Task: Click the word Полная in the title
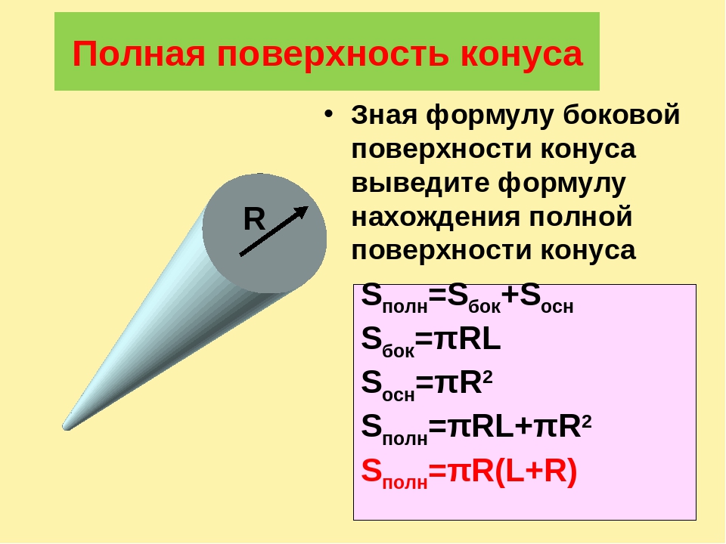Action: (x=138, y=54)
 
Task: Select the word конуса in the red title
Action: (x=521, y=55)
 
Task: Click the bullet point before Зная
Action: (x=328, y=114)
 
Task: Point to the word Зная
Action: (x=385, y=115)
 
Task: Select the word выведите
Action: (x=420, y=183)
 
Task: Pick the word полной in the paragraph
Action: (x=581, y=217)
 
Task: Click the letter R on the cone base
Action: (x=254, y=219)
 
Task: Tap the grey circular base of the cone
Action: (x=265, y=233)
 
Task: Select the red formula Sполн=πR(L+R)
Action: (x=469, y=473)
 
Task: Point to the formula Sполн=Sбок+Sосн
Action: (x=467, y=299)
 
